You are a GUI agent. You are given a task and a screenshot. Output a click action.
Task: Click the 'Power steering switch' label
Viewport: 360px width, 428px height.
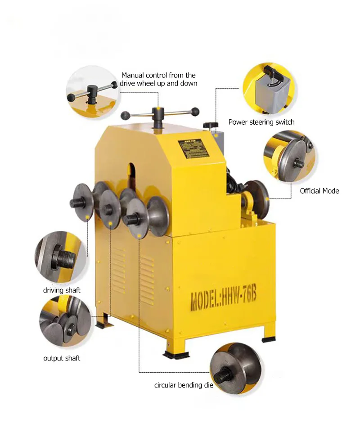[x=261, y=122]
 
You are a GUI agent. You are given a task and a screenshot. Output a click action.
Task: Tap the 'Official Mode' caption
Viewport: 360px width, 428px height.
[x=319, y=191]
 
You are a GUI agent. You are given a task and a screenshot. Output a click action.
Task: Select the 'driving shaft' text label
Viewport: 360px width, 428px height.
[x=62, y=290]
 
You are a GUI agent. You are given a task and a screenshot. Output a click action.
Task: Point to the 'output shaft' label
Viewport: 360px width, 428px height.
[x=62, y=358]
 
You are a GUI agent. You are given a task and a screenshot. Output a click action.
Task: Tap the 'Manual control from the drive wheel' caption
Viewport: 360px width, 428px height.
[x=158, y=79]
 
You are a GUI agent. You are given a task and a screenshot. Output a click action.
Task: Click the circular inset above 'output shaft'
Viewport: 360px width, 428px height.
[x=62, y=320]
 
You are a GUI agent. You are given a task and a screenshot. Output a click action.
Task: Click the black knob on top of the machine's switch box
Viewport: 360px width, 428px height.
[x=210, y=124]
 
